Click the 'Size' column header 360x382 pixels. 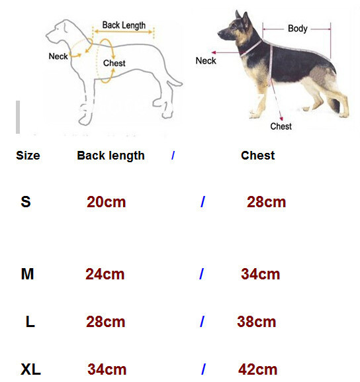28,156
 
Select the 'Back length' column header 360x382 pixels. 111,156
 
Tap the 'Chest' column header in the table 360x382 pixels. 258,156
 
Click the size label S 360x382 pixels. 26,202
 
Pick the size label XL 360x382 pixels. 30,369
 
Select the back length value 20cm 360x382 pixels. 106,202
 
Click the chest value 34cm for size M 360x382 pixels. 260,274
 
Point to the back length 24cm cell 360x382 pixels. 105,274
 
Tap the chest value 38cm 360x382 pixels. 257,322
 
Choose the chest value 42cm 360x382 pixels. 257,369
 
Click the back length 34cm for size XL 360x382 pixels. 107,369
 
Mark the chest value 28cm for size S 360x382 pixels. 266,202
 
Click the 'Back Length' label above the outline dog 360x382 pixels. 124,25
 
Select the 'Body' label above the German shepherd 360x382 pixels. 298,28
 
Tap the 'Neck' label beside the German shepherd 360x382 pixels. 206,61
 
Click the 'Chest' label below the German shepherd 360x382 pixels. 281,126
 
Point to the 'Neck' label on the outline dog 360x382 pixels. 58,56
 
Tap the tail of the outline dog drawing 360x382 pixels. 175,81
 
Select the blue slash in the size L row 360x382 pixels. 202,322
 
